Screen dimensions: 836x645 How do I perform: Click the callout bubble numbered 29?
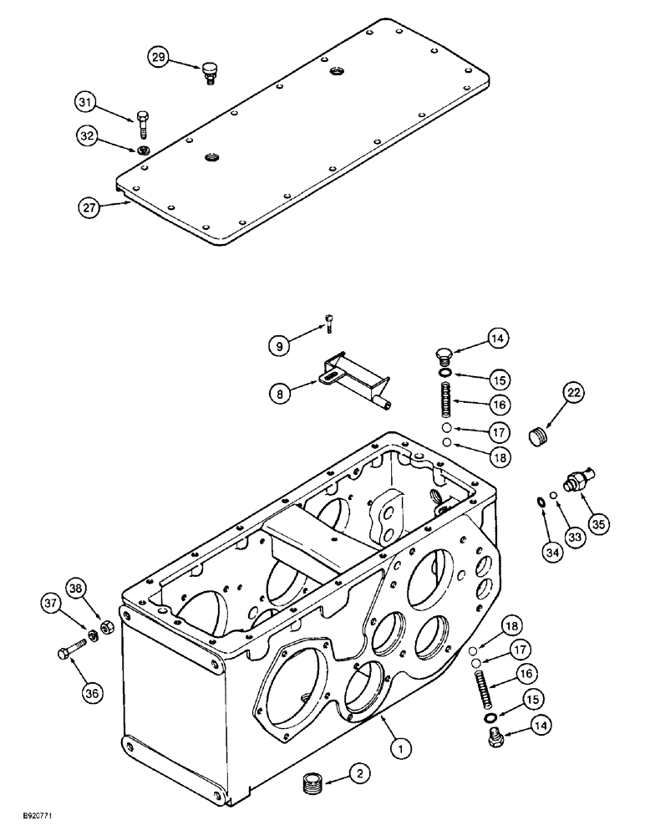[x=159, y=57]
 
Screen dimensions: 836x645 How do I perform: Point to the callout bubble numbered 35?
[x=597, y=524]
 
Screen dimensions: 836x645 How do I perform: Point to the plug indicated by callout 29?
[x=211, y=72]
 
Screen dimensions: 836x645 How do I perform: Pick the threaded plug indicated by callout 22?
[x=542, y=436]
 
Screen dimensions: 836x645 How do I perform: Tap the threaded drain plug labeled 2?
[x=312, y=787]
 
